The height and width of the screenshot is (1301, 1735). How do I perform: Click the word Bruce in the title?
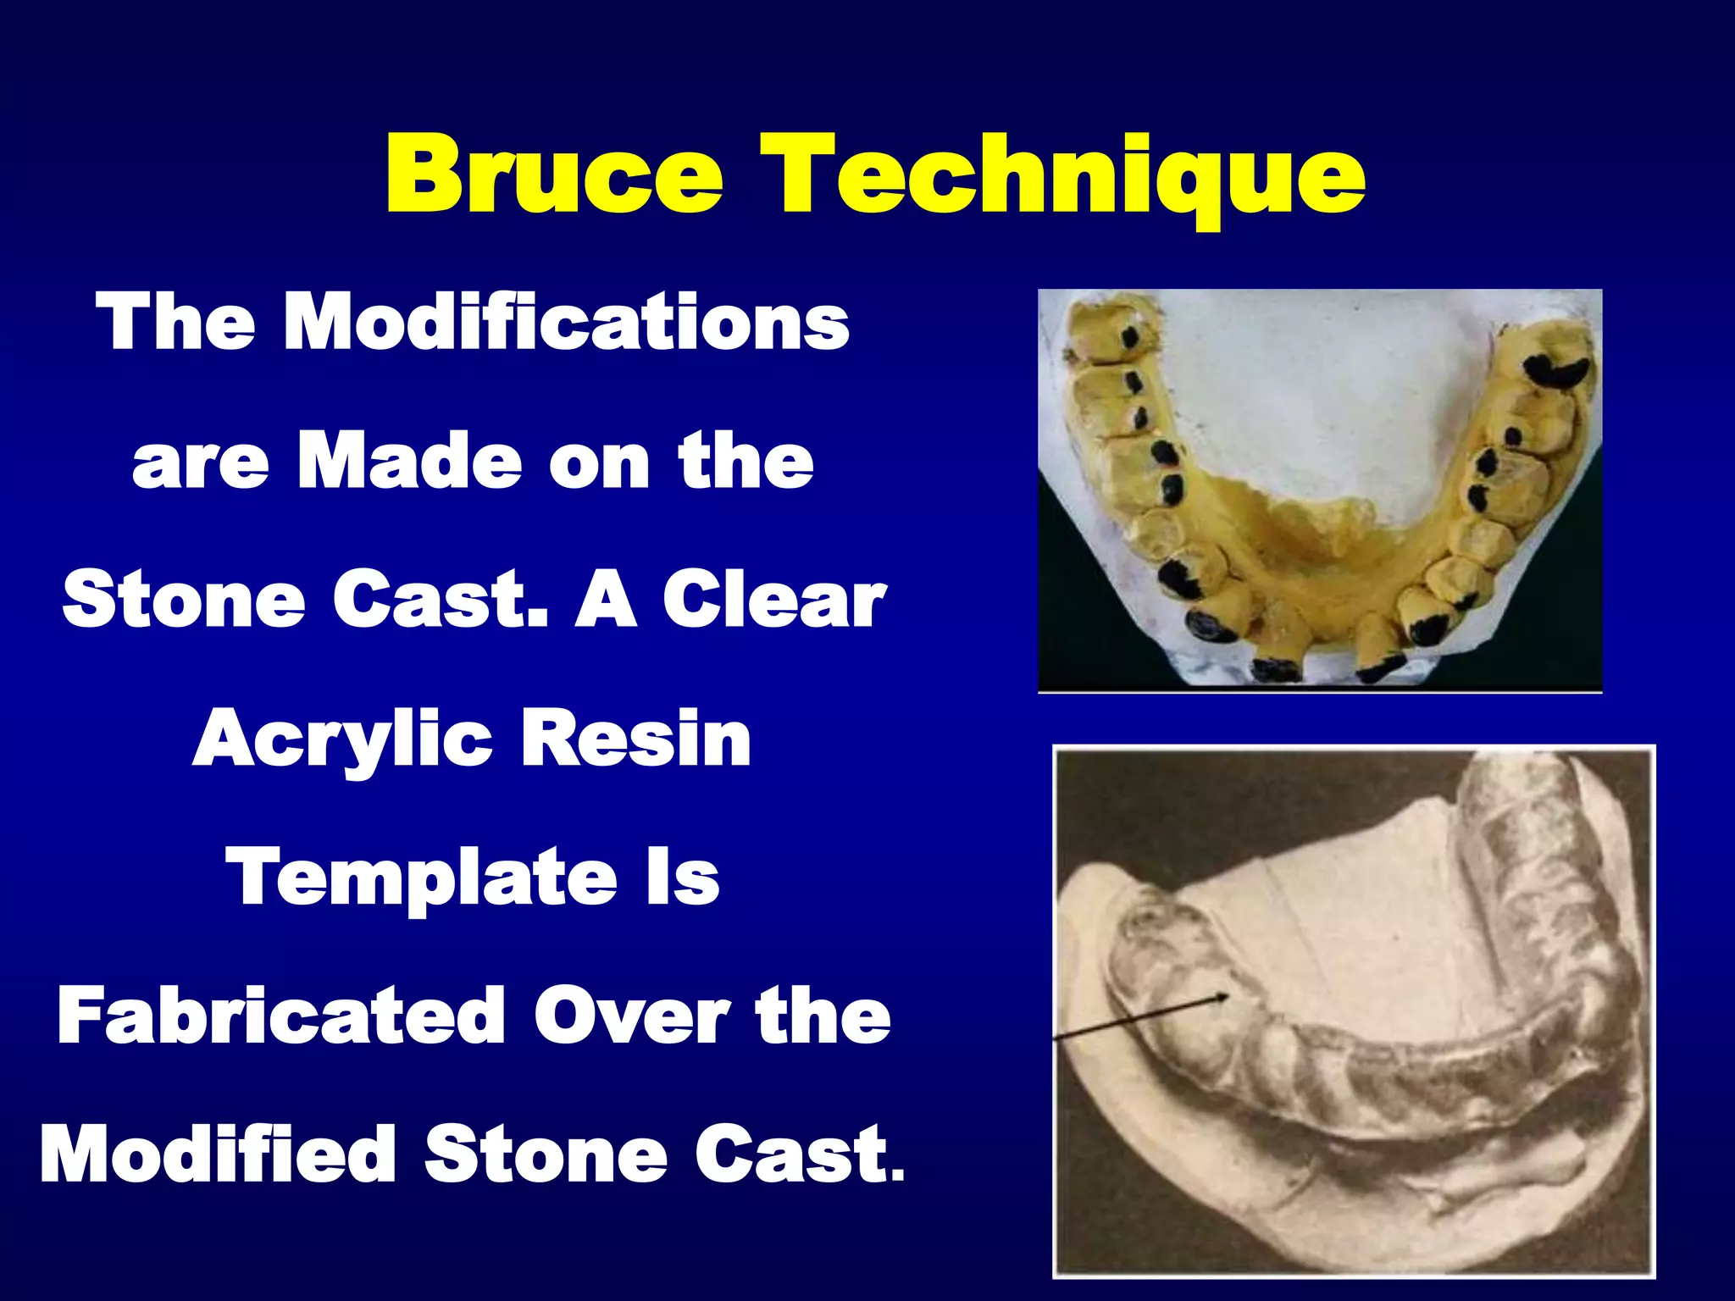[555, 175]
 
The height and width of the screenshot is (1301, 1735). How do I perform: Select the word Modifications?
[566, 323]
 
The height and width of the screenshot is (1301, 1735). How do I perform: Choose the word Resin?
[635, 739]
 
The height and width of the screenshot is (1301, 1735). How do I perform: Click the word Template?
[421, 877]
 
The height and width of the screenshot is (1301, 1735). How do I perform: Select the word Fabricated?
[281, 1016]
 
